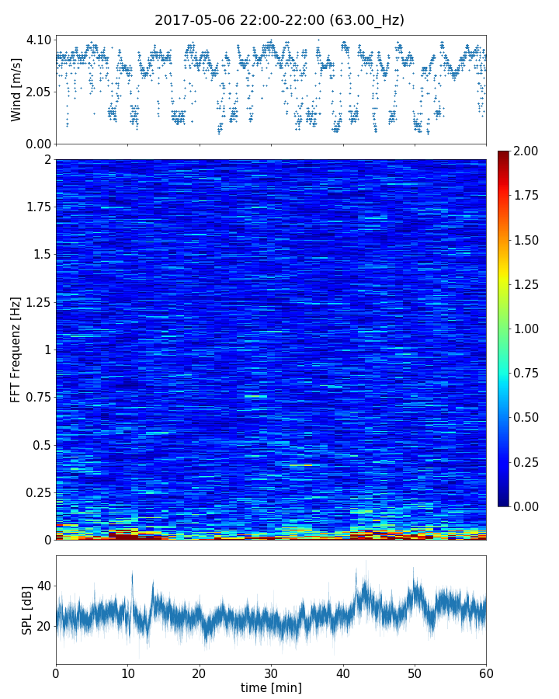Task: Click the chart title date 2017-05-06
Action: coord(192,20)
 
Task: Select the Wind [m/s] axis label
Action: coord(16,89)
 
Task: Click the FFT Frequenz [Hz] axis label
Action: coord(16,349)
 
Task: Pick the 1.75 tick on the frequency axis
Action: coord(37,207)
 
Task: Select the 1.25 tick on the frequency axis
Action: coord(37,302)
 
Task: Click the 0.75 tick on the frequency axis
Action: coord(37,398)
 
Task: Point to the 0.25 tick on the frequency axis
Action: coord(37,492)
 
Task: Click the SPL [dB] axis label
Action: coord(27,608)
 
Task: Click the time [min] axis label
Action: coord(271,687)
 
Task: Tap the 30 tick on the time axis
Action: coord(271,672)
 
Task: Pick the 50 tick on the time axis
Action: coord(415,672)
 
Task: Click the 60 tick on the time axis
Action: coord(486,672)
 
